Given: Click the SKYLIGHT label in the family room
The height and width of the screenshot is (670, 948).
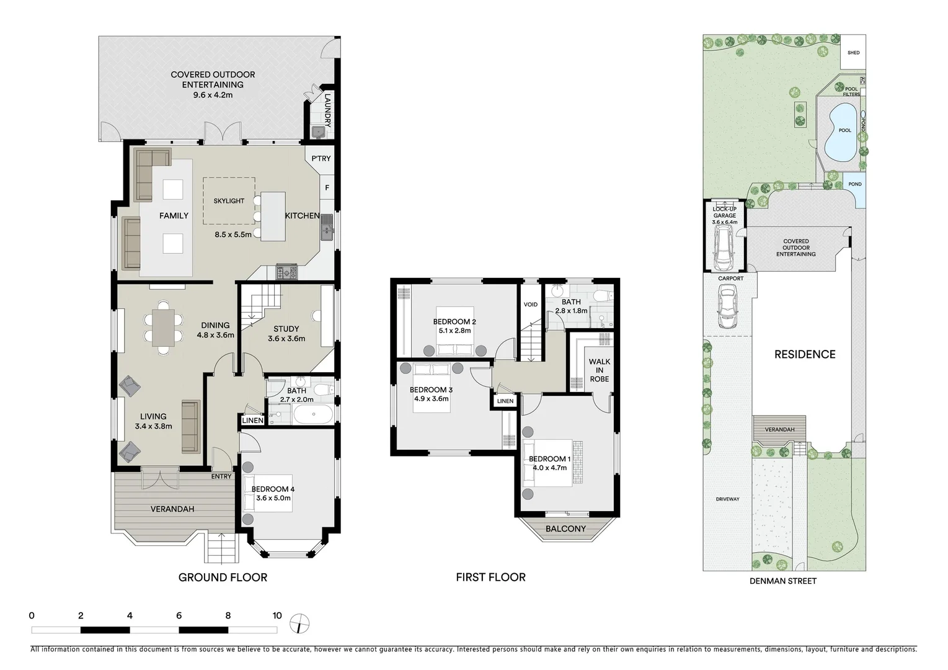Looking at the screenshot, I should tap(229, 201).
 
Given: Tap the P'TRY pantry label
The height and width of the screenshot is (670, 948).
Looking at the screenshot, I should tap(321, 159).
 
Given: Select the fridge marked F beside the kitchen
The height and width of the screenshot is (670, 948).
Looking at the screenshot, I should tap(327, 187).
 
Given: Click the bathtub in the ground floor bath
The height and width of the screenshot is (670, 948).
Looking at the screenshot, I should tap(312, 414).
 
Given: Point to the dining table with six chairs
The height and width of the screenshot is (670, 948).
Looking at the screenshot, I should tap(164, 327).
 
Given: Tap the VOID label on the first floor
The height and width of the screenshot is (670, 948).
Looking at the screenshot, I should tap(531, 305).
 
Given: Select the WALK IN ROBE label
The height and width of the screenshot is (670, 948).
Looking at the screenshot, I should tap(599, 370).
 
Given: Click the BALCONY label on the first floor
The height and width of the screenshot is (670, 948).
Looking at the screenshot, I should tap(565, 529).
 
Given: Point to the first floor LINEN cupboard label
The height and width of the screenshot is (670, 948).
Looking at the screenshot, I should tap(505, 401).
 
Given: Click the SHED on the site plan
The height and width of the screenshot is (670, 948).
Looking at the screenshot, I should tap(853, 53).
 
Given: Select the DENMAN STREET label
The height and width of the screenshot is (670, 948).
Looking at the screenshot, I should tap(782, 581).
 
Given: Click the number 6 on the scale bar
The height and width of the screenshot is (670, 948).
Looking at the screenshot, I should tap(179, 616).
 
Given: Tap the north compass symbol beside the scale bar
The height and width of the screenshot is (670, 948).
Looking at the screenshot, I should tap(299, 622).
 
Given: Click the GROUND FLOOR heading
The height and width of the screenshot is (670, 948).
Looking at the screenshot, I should tap(223, 578).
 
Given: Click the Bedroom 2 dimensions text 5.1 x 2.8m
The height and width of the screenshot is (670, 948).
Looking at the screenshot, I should tap(454, 331).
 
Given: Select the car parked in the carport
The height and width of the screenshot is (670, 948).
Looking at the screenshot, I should tap(727, 309).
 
